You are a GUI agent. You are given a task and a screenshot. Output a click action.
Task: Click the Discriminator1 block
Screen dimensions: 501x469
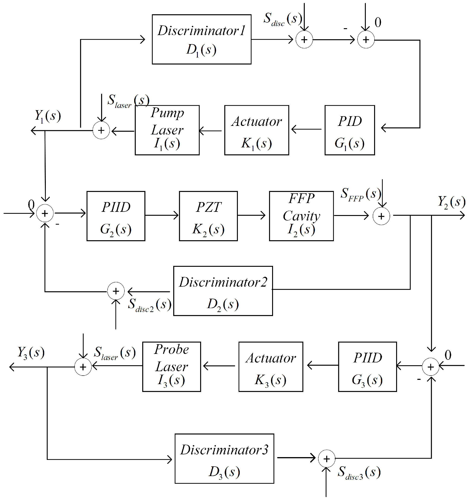click(202, 39)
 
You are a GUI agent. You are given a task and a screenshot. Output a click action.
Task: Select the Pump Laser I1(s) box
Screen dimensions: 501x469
click(167, 130)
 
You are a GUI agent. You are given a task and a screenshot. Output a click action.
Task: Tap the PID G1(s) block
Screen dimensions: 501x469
click(350, 130)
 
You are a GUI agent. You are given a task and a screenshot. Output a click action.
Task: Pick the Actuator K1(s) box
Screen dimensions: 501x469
click(256, 130)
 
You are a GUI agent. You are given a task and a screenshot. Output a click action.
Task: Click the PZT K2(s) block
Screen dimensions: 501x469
click(208, 216)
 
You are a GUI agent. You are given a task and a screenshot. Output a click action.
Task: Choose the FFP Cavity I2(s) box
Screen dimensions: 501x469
click(301, 216)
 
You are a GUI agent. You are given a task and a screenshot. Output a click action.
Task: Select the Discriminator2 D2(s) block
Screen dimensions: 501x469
click(223, 291)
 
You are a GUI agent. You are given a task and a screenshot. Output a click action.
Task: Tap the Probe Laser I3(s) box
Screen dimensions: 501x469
click(171, 367)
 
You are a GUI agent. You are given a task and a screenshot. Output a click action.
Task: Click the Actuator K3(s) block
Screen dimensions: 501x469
click(271, 367)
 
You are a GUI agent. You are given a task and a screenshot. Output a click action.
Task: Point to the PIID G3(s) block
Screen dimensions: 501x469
click(367, 367)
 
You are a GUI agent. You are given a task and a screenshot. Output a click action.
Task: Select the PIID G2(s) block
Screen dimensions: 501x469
click(116, 216)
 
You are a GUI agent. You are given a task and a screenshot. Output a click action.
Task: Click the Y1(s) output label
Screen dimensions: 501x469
click(47, 116)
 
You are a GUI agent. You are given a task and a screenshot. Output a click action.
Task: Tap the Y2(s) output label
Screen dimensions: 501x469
click(451, 202)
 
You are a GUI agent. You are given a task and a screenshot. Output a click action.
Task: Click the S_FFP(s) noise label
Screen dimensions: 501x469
click(360, 194)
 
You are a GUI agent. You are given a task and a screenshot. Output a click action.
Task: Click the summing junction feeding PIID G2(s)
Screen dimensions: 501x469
click(45, 213)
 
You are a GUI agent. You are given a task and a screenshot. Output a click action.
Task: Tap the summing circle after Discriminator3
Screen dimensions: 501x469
click(326, 459)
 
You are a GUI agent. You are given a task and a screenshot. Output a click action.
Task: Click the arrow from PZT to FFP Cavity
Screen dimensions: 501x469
click(251, 215)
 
